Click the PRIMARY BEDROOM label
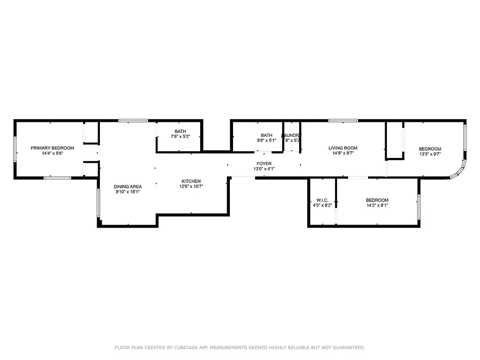pos(52,148)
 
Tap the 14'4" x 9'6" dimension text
pos(52,153)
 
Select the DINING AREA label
pos(128,186)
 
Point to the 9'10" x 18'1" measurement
pos(128,192)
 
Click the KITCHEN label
pos(191,181)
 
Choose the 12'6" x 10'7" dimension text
pos(191,187)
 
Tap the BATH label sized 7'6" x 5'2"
pos(177,131)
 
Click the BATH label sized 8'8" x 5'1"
pos(266,135)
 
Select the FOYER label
pos(264,163)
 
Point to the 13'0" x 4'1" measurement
pos(264,169)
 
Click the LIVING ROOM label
pos(343,148)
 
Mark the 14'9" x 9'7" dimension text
pos(343,153)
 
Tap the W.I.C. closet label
pos(322,200)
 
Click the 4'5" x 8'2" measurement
pos(322,206)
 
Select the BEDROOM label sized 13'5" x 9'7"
pos(430,149)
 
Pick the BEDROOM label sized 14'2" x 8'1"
pos(377,200)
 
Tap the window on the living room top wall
pos(343,121)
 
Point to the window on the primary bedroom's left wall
pos(15,149)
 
